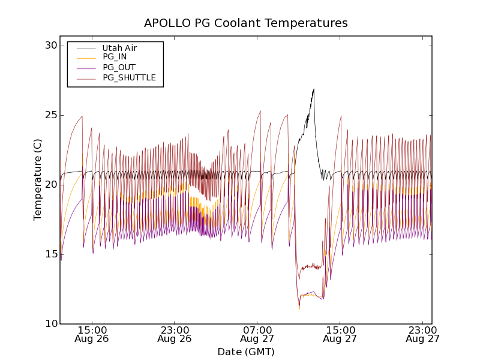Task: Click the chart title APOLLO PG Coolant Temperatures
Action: coord(245,23)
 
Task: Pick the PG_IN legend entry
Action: coord(115,57)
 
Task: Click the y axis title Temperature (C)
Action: coord(38,185)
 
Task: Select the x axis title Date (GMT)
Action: coord(245,352)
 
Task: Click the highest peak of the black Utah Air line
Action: coord(314,89)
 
